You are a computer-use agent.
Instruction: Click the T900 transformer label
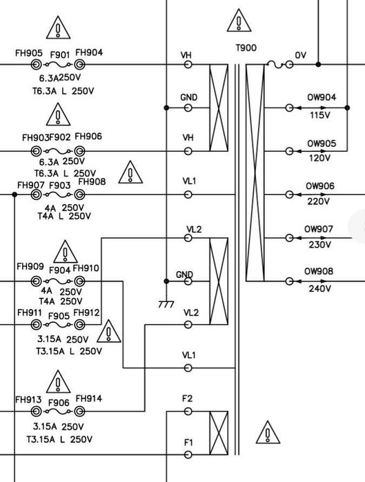tap(246, 48)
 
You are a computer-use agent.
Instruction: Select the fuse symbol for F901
tap(58, 65)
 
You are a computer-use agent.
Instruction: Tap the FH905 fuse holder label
tap(29, 53)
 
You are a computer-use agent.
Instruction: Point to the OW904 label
tap(322, 97)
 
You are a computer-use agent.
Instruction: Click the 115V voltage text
tap(319, 115)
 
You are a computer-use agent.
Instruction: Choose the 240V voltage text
tap(319, 289)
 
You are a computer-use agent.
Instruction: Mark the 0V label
tap(300, 55)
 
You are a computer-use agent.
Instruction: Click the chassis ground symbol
tap(166, 303)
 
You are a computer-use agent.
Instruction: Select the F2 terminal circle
tap(188, 411)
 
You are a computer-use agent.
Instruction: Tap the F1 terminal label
tap(188, 443)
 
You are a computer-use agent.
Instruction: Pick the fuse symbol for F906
tap(58, 411)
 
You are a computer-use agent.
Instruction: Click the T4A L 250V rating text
tap(64, 217)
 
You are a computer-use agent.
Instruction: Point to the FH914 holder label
tap(89, 399)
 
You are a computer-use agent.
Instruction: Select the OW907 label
tap(319, 230)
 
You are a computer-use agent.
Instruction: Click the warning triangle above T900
tap(239, 21)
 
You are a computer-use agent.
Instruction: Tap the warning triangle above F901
tap(58, 28)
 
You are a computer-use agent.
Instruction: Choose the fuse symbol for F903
tap(58, 194)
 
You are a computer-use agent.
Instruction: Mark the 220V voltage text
tap(318, 201)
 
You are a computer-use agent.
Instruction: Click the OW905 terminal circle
tap(289, 151)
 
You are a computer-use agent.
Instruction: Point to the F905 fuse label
tap(59, 316)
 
